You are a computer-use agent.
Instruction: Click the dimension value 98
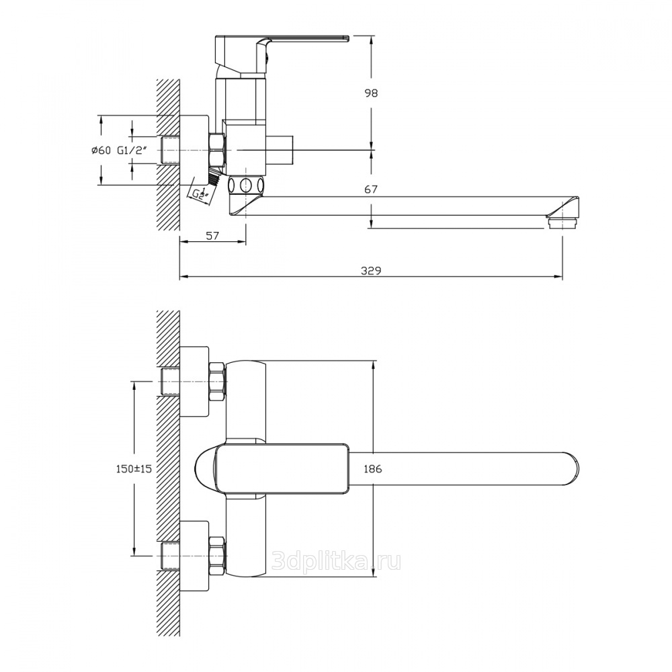pyautogui.click(x=371, y=93)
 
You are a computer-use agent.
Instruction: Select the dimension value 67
pyautogui.click(x=371, y=189)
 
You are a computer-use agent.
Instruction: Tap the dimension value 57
pyautogui.click(x=212, y=235)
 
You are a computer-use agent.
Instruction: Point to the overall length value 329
pyautogui.click(x=371, y=270)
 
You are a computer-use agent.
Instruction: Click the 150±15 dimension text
pyautogui.click(x=134, y=469)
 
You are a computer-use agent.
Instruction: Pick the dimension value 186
pyautogui.click(x=372, y=469)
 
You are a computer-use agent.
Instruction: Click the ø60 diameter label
pyautogui.click(x=101, y=150)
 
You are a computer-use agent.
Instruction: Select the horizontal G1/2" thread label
pyautogui.click(x=132, y=150)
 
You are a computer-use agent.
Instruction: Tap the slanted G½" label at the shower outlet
pyautogui.click(x=200, y=194)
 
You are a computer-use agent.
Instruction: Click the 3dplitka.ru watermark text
pyautogui.click(x=337, y=560)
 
